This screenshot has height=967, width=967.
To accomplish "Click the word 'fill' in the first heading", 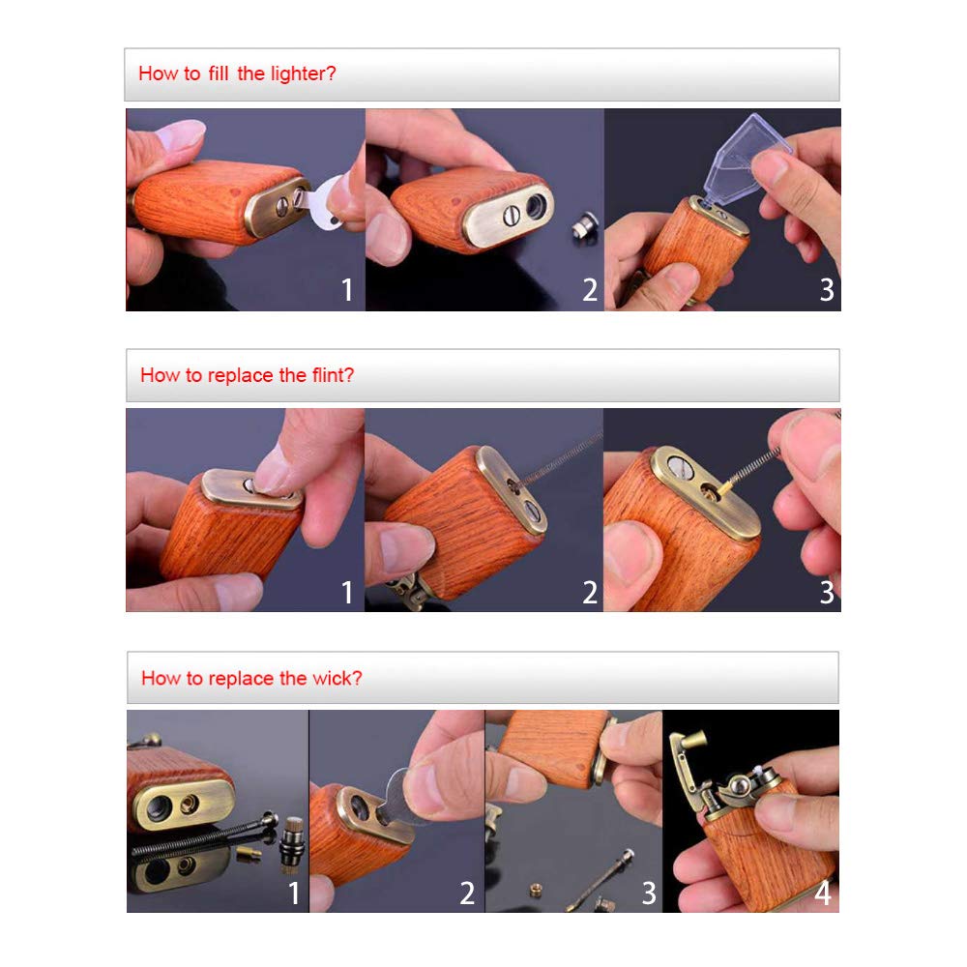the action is (219, 73).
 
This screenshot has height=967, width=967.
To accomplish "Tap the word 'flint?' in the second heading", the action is (333, 375).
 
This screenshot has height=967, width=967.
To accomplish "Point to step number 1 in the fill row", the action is (347, 289).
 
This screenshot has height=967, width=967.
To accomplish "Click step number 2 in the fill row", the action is (590, 289).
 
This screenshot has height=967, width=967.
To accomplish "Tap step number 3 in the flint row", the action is (827, 592).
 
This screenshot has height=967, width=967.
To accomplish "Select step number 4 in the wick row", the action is (823, 893).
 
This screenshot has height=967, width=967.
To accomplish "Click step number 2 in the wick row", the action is (467, 893).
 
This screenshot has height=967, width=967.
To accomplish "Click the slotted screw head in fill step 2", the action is (512, 216).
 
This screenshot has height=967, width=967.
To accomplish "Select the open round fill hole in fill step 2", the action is (536, 207).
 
